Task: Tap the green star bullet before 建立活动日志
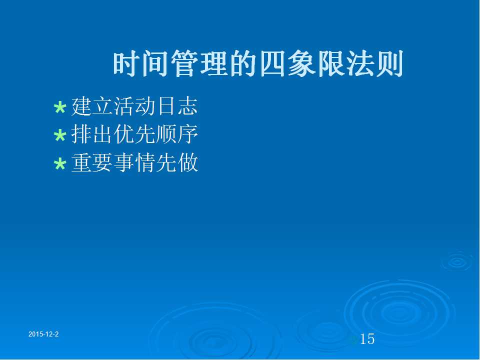point(60,108)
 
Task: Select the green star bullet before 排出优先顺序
point(60,135)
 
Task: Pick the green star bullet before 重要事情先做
point(60,164)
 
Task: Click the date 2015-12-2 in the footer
point(43,334)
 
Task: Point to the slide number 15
point(367,339)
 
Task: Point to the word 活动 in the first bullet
point(134,106)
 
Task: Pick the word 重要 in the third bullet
point(92,162)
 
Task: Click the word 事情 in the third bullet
point(134,162)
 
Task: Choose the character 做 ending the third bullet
point(187,162)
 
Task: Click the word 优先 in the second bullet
point(134,134)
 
